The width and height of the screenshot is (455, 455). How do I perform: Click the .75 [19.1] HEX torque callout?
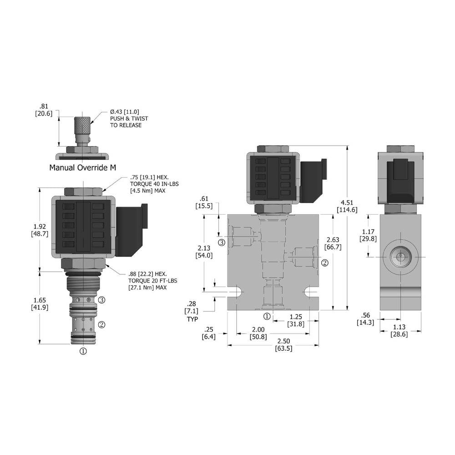point(142,184)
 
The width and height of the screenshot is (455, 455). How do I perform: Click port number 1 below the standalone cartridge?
point(83,351)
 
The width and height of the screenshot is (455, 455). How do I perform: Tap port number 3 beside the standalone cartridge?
point(102,300)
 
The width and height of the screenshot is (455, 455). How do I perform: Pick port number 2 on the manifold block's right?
point(325,263)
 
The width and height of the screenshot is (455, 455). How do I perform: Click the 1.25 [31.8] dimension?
point(296,321)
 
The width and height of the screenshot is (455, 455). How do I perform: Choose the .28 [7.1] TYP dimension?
point(191,312)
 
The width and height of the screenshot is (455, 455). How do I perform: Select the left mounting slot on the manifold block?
point(236,292)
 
